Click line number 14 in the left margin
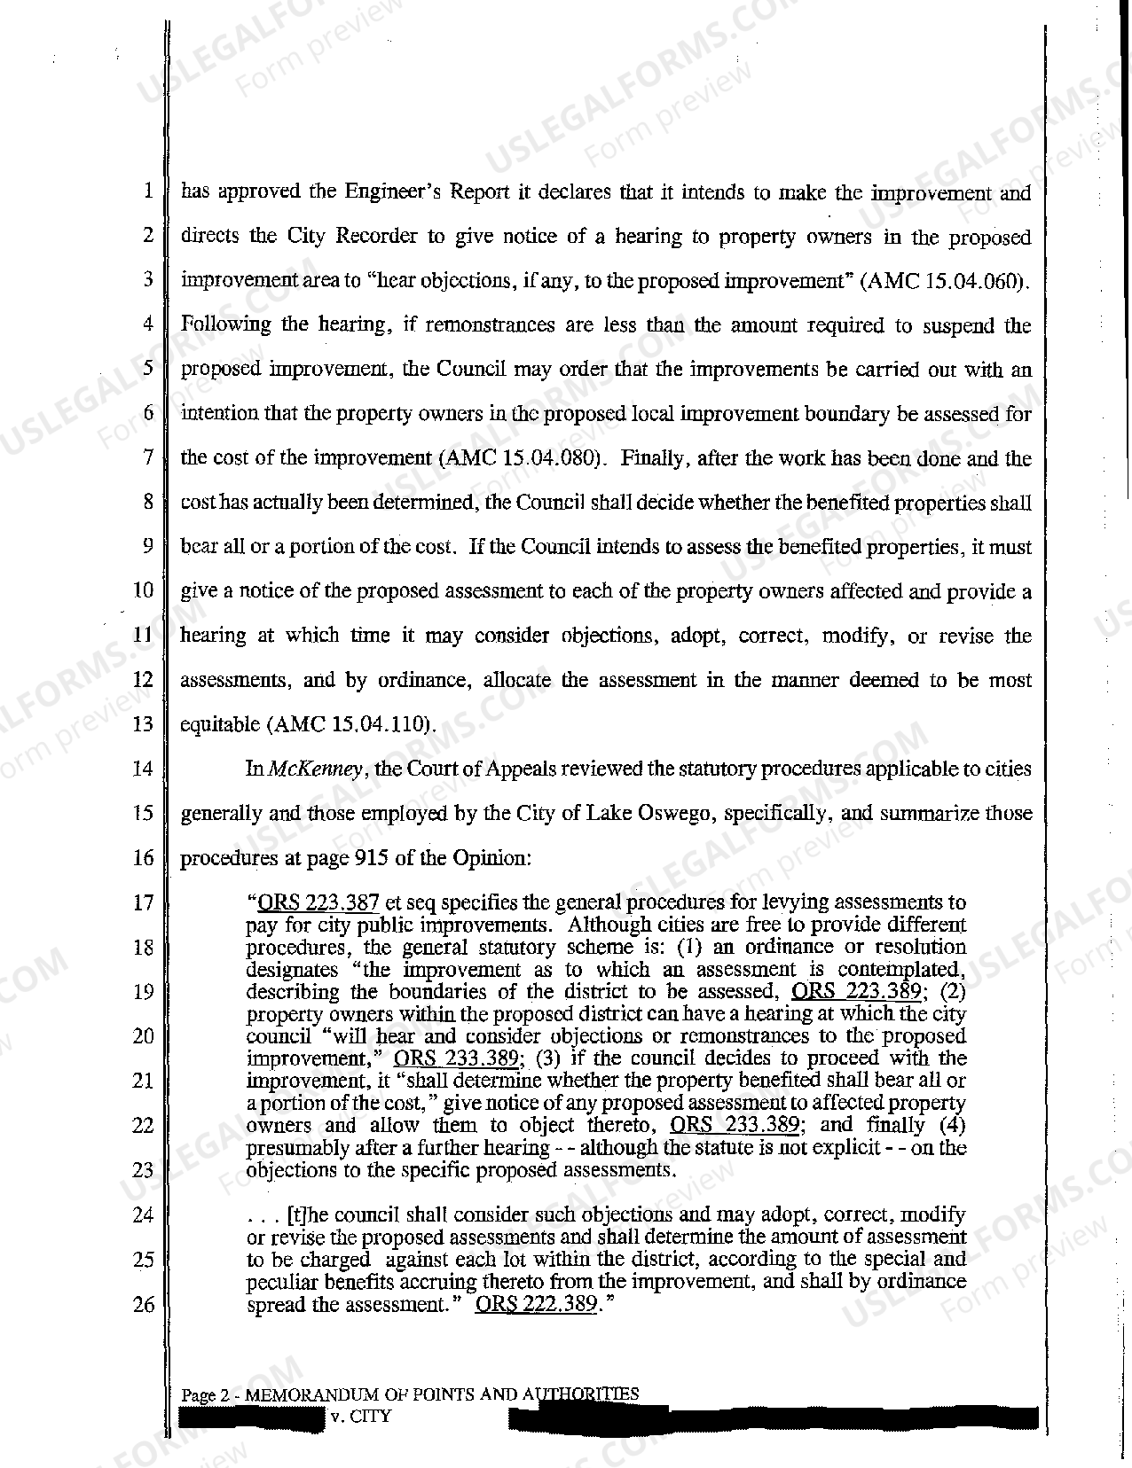[x=143, y=769]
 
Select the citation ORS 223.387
[x=318, y=903]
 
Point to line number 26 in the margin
[x=143, y=1305]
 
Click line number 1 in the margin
[x=147, y=192]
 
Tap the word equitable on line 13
[x=219, y=724]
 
